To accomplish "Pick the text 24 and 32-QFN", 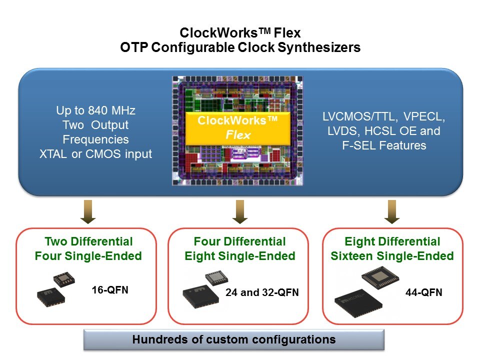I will [262, 292].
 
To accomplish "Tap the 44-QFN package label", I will [423, 292].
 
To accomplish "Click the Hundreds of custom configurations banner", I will [233, 340].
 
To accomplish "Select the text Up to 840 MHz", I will [95, 110].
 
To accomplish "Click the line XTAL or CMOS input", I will [95, 154].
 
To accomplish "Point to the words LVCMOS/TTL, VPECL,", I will [384, 118].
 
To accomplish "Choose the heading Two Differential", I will [88, 242].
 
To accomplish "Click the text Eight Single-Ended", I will [240, 256].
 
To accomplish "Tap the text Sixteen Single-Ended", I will [392, 256].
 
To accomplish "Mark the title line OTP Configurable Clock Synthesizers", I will [240, 48].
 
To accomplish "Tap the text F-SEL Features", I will [384, 145].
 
